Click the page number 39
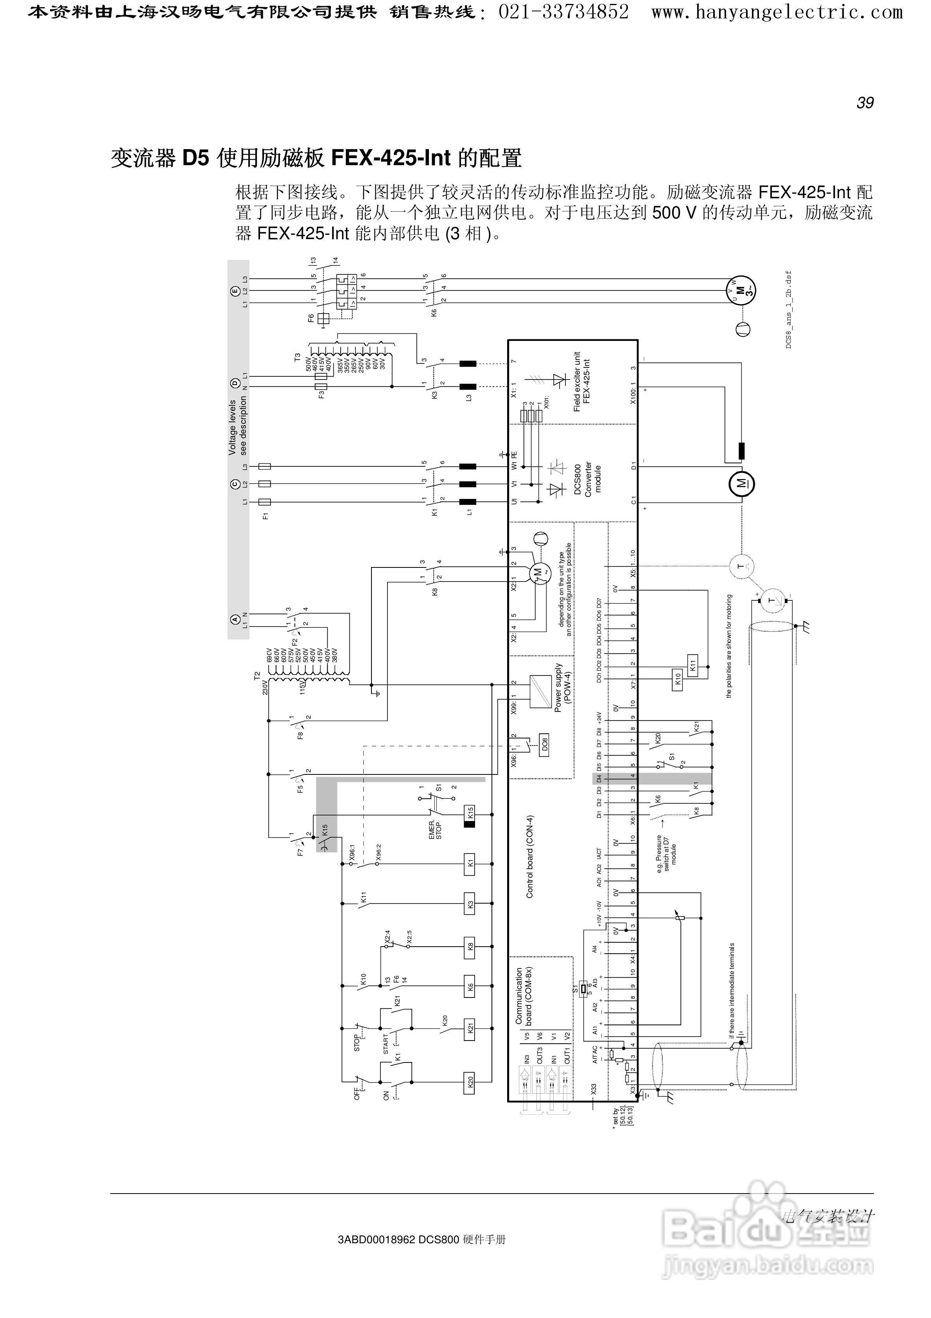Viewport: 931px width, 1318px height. click(x=865, y=103)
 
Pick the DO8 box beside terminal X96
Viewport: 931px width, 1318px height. click(x=544, y=745)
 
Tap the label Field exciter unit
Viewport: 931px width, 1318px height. click(x=577, y=382)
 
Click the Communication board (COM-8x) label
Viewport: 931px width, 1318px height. click(x=524, y=996)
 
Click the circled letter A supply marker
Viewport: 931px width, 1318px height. click(x=234, y=619)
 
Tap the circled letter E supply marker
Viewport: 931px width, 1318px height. click(x=234, y=292)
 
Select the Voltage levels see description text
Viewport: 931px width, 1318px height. click(x=237, y=426)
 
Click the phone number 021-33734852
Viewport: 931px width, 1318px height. click(x=563, y=11)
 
